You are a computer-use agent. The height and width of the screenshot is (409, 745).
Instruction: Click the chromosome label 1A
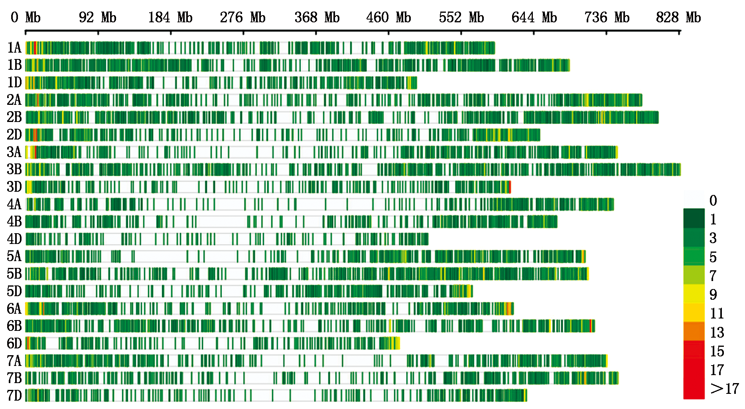pos(14,48)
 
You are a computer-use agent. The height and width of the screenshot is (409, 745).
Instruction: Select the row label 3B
pos(14,169)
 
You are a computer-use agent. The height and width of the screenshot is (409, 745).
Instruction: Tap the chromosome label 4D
pos(14,239)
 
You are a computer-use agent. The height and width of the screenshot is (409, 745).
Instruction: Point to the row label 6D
pos(14,343)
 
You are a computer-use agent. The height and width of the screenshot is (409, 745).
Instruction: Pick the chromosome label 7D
pos(14,395)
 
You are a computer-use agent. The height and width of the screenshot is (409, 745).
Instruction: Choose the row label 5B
pos(14,274)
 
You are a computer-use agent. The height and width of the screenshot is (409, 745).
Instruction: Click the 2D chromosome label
pos(14,135)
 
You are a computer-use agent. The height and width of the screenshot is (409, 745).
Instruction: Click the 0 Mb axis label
pos(26,18)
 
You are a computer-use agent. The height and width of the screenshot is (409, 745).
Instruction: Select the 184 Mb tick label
pos(170,18)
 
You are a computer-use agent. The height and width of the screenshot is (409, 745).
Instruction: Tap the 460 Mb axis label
pos(388,18)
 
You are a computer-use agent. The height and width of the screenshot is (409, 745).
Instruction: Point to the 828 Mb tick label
pos(678,18)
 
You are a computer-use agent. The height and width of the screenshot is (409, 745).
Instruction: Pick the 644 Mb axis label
pos(534,18)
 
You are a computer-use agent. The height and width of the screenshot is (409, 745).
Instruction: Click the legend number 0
pos(713,201)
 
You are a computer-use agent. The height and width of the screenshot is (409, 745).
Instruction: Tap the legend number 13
pos(717,332)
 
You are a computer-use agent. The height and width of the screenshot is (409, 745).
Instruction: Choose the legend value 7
pos(713,275)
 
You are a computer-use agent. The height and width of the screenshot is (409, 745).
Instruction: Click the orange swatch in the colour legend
pos(694,331)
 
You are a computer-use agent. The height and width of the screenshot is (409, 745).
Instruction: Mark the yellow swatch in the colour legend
pos(694,294)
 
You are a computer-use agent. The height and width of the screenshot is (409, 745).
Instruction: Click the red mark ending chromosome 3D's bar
pos(510,187)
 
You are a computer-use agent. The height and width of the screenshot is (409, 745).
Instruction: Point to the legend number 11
pos(717,313)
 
